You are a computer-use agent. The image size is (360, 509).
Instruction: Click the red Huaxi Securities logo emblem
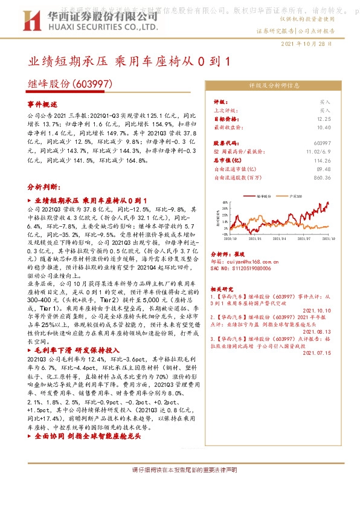[37, 22]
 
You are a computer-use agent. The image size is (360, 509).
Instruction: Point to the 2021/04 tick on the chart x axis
[279, 239]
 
